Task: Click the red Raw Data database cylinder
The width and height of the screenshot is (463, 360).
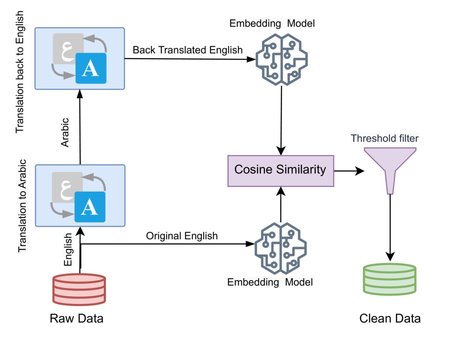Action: (79, 289)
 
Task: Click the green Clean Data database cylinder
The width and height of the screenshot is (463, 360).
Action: (390, 279)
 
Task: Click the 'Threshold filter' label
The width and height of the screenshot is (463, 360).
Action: (385, 138)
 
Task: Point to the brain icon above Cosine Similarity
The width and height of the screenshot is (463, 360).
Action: (282, 60)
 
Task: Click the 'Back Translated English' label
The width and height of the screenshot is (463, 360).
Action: (187, 50)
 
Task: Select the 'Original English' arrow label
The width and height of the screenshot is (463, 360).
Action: (182, 236)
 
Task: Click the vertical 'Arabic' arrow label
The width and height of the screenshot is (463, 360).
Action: (65, 133)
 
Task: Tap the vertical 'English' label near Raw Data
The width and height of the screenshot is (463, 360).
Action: (68, 249)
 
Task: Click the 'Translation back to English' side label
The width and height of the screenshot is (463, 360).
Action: (20, 72)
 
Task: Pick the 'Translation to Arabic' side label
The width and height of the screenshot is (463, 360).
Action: (22, 206)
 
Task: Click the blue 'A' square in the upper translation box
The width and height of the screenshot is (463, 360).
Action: (91, 68)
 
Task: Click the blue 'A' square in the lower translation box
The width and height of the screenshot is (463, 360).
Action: (90, 207)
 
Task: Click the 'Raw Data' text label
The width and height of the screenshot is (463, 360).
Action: (76, 318)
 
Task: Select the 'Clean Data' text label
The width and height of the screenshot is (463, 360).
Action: (390, 318)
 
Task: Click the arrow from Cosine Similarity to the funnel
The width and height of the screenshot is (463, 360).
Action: (349, 171)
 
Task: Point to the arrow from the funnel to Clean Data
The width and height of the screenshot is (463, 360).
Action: (390, 228)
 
